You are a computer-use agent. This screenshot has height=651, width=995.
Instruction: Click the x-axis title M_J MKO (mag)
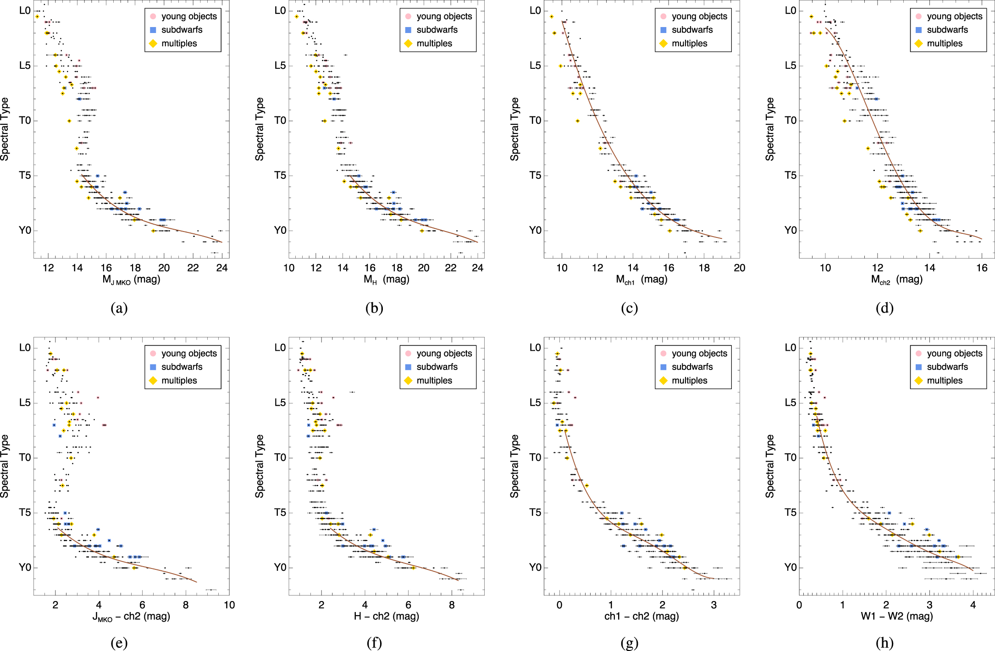coord(131,280)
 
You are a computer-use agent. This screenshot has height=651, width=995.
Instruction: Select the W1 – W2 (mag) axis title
coord(897,616)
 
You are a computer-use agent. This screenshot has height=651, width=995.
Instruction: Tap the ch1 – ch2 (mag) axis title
coord(641,616)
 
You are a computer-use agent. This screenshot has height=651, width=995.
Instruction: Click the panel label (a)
coord(119,308)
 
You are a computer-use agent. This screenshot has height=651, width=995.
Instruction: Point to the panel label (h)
coord(884,643)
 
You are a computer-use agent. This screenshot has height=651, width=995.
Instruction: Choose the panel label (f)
coord(374,643)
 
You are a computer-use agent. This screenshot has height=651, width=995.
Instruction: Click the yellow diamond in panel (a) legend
coord(153,44)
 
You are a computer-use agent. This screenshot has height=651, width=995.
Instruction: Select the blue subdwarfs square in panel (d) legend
coord(918,30)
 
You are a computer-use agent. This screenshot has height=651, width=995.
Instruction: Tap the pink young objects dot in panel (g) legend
coord(663,353)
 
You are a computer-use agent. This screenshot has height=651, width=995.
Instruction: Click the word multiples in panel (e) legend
coord(179,381)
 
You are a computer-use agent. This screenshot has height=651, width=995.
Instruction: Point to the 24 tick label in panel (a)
coord(222,268)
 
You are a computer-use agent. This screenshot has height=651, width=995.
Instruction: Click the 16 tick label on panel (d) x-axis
coord(982,268)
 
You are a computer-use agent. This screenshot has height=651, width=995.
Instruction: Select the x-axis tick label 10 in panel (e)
coord(229,605)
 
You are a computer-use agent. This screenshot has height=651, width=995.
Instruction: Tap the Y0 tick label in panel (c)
coord(536,230)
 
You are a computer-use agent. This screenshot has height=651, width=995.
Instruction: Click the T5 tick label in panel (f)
coord(280,513)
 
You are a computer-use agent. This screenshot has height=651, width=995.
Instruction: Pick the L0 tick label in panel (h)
coord(790,348)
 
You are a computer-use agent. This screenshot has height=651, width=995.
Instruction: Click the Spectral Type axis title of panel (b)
coord(260,129)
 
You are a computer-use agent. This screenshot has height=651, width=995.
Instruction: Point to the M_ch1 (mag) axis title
coord(641,280)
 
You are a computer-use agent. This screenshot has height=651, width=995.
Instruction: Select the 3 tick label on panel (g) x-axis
coord(714,605)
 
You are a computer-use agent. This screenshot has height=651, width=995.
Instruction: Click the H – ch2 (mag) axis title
coord(386,616)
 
